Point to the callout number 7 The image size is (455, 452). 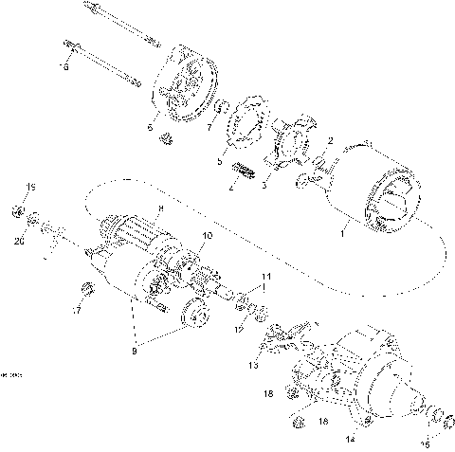(x=211, y=126)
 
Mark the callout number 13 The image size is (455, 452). (x=252, y=364)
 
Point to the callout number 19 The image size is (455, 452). (x=29, y=186)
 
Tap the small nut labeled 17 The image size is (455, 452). (x=88, y=288)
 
